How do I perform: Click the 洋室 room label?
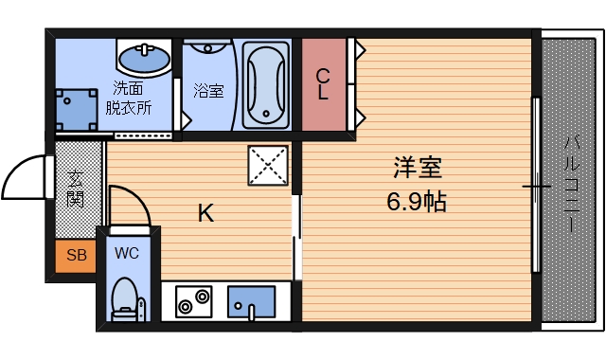click(x=417, y=169)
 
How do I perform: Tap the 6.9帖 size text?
click(x=417, y=201)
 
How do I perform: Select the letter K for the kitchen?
click(x=205, y=213)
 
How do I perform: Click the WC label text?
click(x=128, y=253)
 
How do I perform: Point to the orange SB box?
click(x=75, y=254)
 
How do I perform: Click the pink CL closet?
click(x=323, y=85)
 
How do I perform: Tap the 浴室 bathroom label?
click(x=208, y=91)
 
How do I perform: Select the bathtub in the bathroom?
click(x=269, y=83)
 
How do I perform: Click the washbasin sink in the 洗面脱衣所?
click(x=144, y=58)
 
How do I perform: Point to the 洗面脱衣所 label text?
click(x=130, y=98)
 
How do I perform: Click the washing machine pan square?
click(x=76, y=110)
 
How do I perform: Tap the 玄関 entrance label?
click(x=76, y=188)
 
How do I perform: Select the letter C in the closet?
click(x=323, y=76)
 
